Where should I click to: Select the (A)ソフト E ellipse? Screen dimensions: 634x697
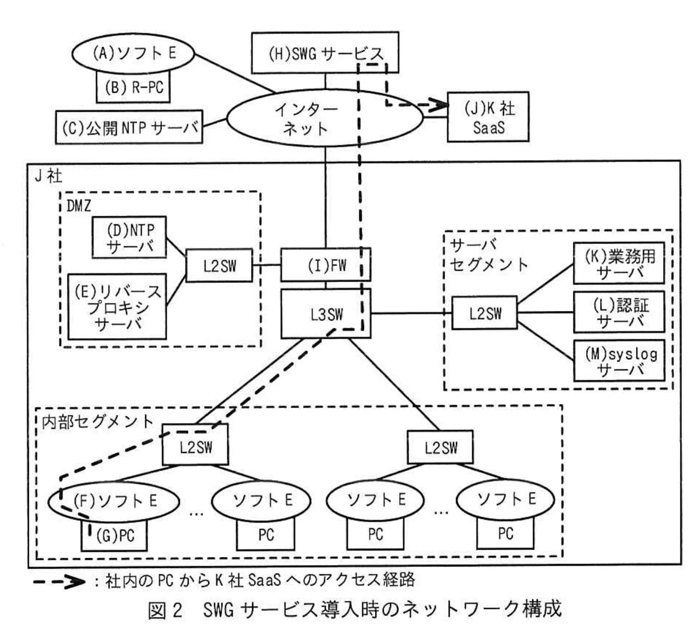pyautogui.click(x=133, y=53)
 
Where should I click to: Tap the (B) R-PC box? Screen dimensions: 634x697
pyautogui.click(x=133, y=88)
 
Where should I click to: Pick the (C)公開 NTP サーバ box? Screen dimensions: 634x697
pyautogui.click(x=129, y=127)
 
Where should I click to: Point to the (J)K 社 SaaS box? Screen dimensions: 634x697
pyautogui.click(x=488, y=117)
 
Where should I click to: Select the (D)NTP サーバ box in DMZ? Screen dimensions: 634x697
pyautogui.click(x=130, y=238)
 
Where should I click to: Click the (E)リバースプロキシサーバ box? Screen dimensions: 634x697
pyautogui.click(x=117, y=307)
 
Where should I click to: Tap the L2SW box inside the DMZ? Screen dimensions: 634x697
pyautogui.click(x=219, y=266)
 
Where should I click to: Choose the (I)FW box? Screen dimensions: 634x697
pyautogui.click(x=326, y=265)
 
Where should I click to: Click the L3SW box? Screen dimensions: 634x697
pyautogui.click(x=326, y=314)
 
